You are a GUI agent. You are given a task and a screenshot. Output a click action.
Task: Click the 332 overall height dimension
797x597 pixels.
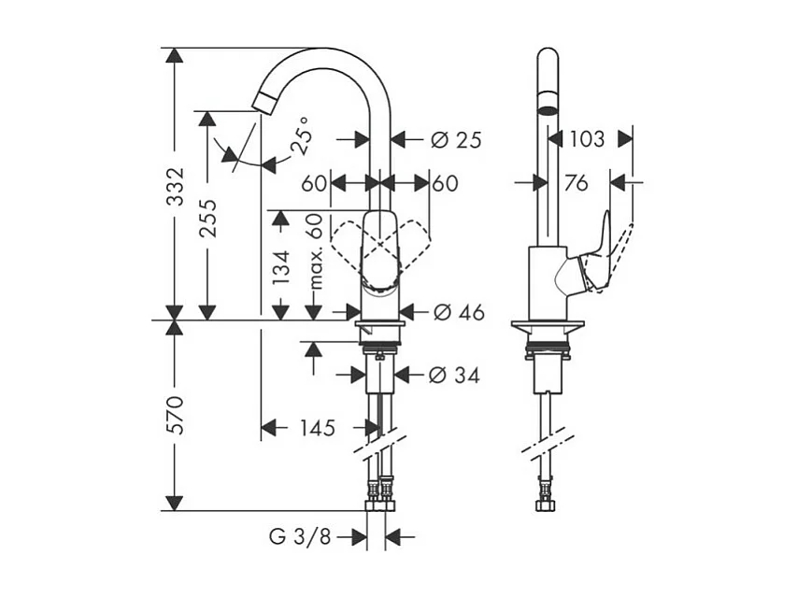click(x=175, y=189)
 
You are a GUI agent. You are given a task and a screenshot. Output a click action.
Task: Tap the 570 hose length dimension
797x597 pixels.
click(x=175, y=415)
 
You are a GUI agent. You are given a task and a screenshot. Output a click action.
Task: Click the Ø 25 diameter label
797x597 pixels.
click(x=455, y=140)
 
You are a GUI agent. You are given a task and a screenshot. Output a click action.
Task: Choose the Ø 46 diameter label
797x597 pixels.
click(x=457, y=313)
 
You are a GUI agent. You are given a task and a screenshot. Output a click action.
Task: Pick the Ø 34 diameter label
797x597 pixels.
click(x=453, y=376)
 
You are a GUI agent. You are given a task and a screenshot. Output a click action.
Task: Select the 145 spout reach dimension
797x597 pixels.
click(x=317, y=429)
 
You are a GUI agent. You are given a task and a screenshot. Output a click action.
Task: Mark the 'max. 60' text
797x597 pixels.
click(x=315, y=250)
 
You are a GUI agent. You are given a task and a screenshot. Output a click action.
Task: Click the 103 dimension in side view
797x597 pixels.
click(x=587, y=139)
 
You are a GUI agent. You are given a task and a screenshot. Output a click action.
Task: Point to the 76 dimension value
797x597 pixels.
click(x=576, y=183)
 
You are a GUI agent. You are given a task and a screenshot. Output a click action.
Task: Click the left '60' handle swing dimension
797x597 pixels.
click(x=314, y=183)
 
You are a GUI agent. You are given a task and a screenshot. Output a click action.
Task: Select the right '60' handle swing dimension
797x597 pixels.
click(x=446, y=183)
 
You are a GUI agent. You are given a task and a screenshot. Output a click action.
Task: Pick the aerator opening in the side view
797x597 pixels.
click(x=548, y=109)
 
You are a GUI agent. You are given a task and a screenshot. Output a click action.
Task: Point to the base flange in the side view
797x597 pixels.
click(x=548, y=326)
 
